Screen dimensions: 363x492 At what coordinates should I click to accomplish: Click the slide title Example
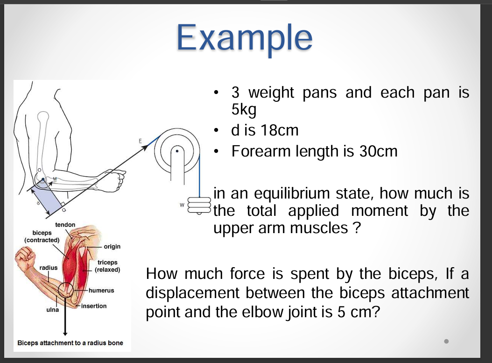click(x=244, y=37)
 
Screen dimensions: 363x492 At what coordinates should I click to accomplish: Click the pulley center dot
click(x=177, y=151)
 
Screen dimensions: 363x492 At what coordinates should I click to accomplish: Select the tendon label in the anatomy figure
click(x=65, y=225)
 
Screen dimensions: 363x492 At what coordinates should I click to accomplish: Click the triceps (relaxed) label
click(x=107, y=266)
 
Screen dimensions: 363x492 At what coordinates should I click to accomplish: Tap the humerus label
click(x=101, y=290)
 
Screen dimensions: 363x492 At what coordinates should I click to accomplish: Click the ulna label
click(x=52, y=310)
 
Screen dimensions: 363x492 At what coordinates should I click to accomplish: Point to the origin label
click(x=112, y=246)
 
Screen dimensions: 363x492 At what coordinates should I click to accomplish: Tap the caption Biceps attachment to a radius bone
click(x=70, y=343)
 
